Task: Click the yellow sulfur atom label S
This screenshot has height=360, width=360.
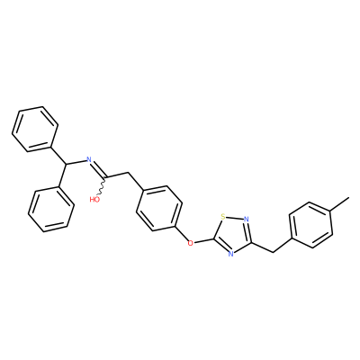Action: click(x=222, y=216)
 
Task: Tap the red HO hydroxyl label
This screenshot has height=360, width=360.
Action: click(x=94, y=199)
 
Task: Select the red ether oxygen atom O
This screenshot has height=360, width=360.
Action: click(x=190, y=243)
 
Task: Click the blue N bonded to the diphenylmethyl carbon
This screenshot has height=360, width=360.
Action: click(x=88, y=158)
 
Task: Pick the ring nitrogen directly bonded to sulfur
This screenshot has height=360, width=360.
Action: click(x=247, y=219)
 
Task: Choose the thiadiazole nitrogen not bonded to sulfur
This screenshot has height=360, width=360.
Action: click(x=230, y=254)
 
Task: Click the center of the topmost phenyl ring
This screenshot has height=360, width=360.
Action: click(x=35, y=129)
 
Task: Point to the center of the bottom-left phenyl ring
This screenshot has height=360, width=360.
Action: click(x=51, y=209)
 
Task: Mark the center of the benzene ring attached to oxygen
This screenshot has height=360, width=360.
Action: click(x=159, y=209)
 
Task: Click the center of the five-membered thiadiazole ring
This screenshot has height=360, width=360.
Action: click(x=234, y=235)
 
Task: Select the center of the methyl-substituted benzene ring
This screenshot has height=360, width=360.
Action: click(x=310, y=225)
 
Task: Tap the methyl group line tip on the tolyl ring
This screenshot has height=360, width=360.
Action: click(x=349, y=197)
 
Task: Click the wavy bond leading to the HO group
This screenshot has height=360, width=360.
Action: click(x=102, y=188)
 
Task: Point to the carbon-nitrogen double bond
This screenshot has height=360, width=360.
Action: click(x=98, y=170)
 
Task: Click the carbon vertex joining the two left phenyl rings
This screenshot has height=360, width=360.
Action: click(x=67, y=165)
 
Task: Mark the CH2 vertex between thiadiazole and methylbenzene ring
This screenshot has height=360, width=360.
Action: click(x=274, y=252)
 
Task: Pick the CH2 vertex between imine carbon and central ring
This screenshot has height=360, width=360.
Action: click(x=129, y=173)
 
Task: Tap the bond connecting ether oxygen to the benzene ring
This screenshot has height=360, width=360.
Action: click(x=181, y=234)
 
